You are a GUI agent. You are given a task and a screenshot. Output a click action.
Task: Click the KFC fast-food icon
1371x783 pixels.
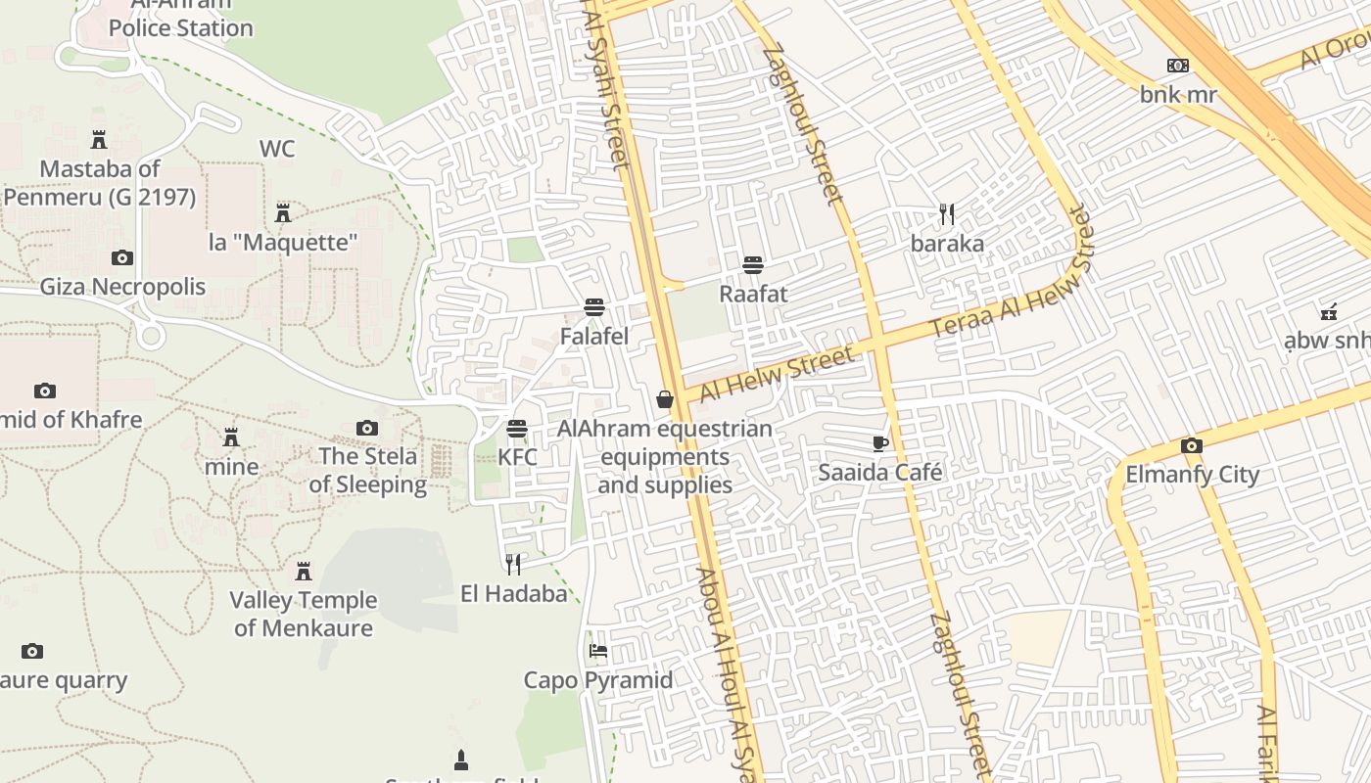516,429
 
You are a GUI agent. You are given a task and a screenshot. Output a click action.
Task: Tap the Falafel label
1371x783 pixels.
593,336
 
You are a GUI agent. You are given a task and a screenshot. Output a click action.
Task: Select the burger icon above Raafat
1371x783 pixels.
753,264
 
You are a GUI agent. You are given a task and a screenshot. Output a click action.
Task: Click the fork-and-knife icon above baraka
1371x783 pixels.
946,213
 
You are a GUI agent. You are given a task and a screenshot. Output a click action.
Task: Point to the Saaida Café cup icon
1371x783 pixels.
880,443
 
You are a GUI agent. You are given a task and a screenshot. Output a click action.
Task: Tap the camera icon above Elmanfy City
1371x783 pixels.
1191,446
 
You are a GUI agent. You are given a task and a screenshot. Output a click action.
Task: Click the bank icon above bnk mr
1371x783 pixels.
1177,66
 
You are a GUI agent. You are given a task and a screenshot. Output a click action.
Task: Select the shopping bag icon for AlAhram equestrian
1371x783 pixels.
665,399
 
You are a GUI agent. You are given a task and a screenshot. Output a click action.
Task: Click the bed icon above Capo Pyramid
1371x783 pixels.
597,651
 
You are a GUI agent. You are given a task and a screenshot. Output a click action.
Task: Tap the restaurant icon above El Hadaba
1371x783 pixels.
513,564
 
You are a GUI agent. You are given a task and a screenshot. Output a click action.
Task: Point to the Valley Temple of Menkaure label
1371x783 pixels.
304,614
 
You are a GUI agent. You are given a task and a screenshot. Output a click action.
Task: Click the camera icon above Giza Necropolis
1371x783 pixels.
122,257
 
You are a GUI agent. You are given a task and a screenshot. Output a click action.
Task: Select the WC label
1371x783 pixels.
277,149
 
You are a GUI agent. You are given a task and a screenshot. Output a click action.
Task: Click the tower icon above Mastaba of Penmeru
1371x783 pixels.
99,140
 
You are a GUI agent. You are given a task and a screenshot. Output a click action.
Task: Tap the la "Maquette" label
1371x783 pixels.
283,242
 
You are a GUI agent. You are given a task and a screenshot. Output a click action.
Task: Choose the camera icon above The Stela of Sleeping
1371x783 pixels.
367,428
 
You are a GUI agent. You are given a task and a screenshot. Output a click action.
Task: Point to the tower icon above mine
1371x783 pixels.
231,437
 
